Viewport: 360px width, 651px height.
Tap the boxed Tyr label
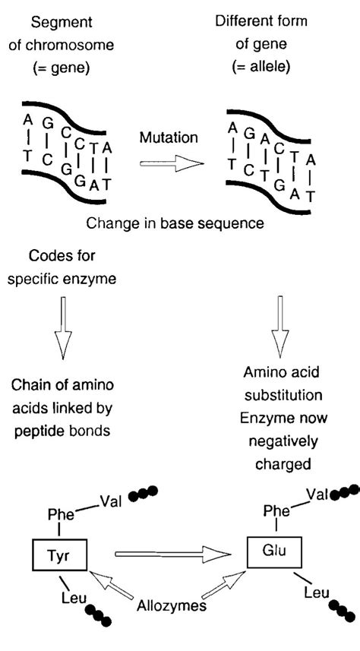(60, 552)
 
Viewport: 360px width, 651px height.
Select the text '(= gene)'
(61, 66)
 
